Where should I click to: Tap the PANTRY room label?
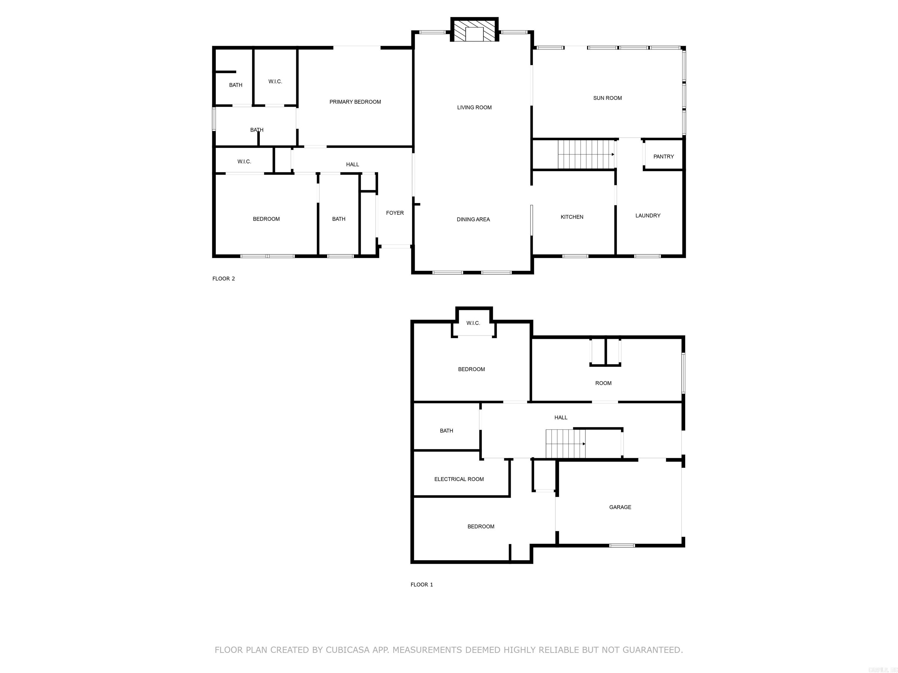pyautogui.click(x=663, y=157)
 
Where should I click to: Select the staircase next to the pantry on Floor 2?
pyautogui.click(x=586, y=154)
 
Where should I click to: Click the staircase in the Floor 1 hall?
pyautogui.click(x=565, y=444)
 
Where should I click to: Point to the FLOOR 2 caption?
pyautogui.click(x=223, y=279)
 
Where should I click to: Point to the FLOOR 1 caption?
pyautogui.click(x=422, y=584)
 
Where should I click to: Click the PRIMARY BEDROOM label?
pyautogui.click(x=355, y=102)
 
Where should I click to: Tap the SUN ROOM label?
pyautogui.click(x=607, y=98)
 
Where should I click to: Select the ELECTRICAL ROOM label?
pyautogui.click(x=459, y=479)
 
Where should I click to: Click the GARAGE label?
pyautogui.click(x=620, y=507)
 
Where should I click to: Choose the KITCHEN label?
pyautogui.click(x=571, y=217)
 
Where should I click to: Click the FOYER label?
pyautogui.click(x=395, y=213)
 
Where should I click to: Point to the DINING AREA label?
pyautogui.click(x=473, y=219)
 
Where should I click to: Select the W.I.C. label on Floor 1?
pyautogui.click(x=473, y=323)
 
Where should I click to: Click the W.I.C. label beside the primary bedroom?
pyautogui.click(x=275, y=81)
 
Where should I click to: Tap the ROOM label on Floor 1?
pyautogui.click(x=603, y=383)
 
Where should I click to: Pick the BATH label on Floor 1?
pyautogui.click(x=446, y=431)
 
